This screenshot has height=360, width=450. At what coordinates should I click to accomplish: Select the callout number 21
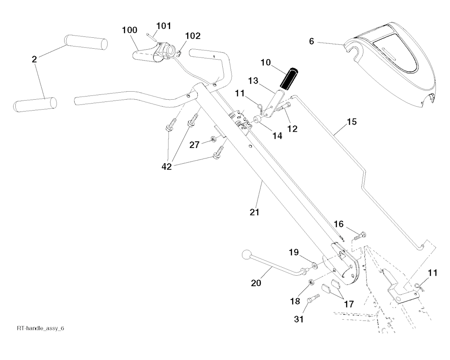(x=254, y=212)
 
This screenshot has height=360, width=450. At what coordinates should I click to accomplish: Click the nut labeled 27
(x=212, y=139)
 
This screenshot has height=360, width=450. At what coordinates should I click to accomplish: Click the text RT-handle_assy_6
(x=43, y=328)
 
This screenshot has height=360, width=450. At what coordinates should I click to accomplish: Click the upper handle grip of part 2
(x=86, y=42)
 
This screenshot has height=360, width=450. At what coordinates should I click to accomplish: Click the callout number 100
(x=130, y=30)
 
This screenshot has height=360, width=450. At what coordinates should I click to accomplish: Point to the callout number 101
(x=163, y=26)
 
